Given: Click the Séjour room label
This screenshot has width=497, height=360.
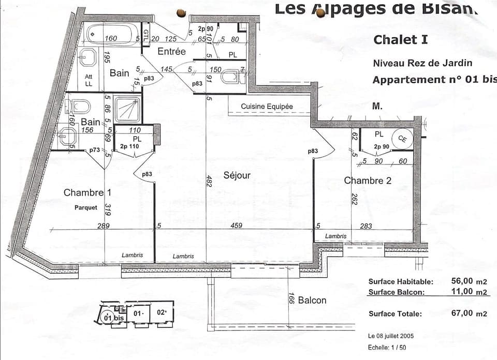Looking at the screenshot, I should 237,175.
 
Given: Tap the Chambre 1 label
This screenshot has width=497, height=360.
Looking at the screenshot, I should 87,192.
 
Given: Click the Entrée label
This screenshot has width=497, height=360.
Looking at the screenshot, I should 171,51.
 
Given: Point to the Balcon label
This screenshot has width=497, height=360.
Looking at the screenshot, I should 312,300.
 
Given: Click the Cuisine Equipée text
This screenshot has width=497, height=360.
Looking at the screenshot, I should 267,107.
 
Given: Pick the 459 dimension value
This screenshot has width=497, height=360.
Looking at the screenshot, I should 237,226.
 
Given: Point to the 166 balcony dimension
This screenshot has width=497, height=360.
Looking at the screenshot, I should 291,299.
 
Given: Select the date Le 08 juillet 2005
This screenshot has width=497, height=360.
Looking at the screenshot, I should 390,336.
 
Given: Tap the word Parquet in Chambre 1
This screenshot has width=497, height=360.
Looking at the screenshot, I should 85,207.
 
